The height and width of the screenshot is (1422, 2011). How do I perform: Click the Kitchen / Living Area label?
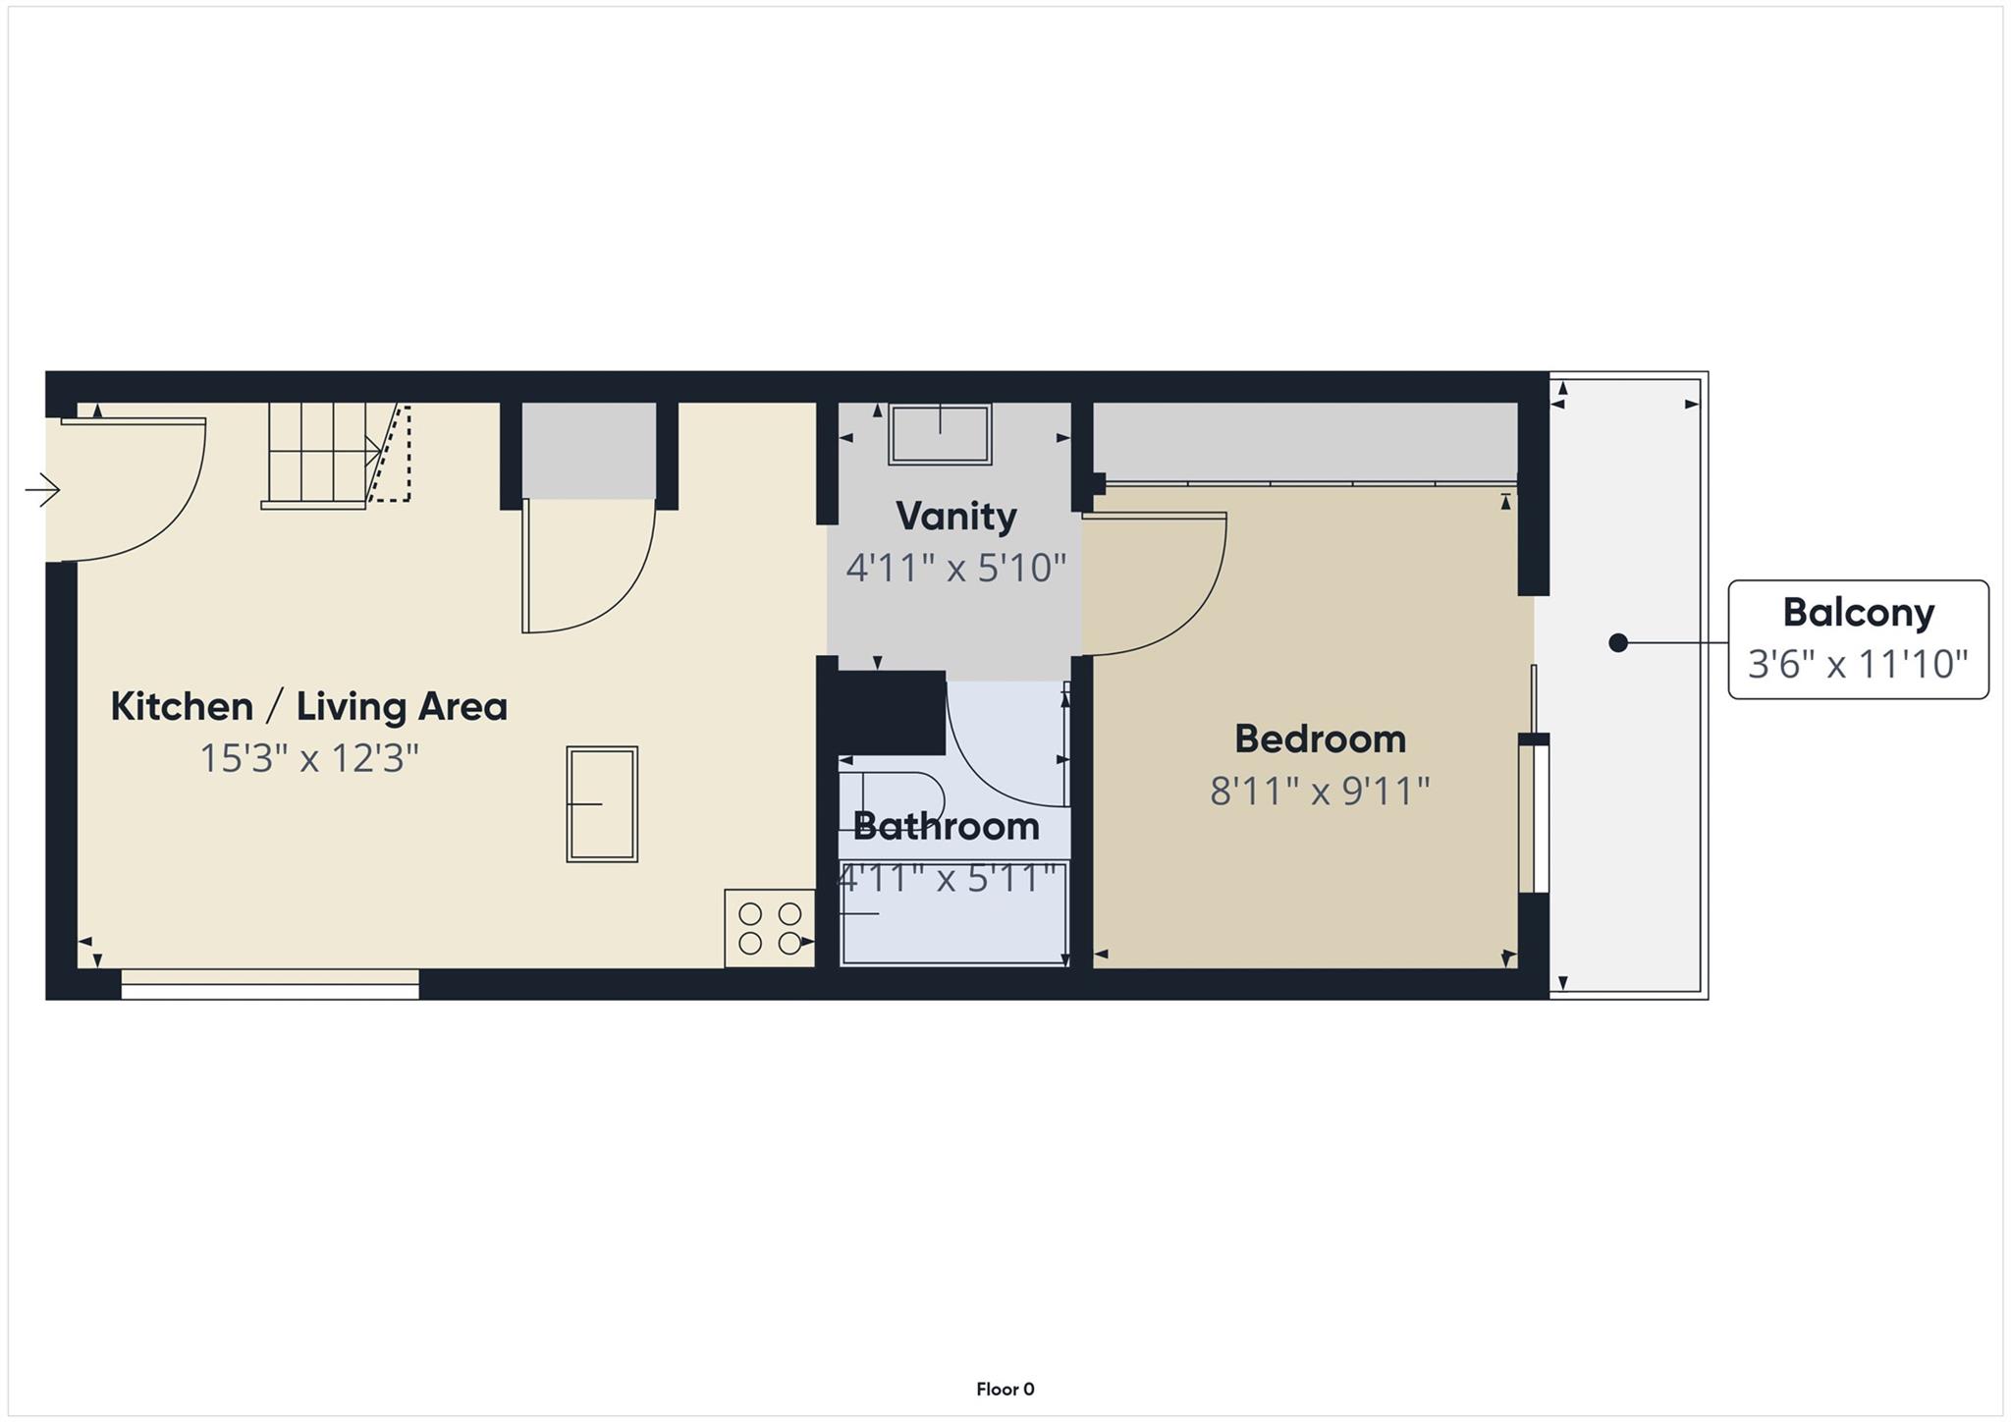click(x=308, y=707)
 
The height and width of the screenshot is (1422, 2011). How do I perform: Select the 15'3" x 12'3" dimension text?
click(x=308, y=759)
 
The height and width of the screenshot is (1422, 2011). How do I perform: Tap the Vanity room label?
click(x=955, y=517)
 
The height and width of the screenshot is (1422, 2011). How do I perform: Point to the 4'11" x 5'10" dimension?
click(x=955, y=569)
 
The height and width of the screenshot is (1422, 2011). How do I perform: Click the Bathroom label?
click(x=946, y=827)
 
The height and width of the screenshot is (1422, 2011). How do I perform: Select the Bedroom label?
click(x=1320, y=739)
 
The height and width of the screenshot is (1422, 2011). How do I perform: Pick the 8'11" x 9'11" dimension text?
click(x=1320, y=792)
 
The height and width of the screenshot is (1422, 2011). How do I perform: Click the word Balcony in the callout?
click(x=1858, y=613)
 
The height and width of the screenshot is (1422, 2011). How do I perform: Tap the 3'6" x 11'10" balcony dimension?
click(x=1858, y=665)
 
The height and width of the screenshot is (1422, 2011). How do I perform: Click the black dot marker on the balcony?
click(x=1618, y=643)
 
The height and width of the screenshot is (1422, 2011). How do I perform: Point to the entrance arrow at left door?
click(x=43, y=489)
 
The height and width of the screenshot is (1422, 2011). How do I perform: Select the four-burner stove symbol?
click(x=770, y=929)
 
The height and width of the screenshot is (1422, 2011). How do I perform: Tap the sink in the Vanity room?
click(x=940, y=434)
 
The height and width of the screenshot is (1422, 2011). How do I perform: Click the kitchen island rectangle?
click(x=602, y=804)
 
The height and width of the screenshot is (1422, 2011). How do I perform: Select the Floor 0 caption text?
click(x=1005, y=1390)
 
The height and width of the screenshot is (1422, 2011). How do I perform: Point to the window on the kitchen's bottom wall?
click(x=270, y=984)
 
